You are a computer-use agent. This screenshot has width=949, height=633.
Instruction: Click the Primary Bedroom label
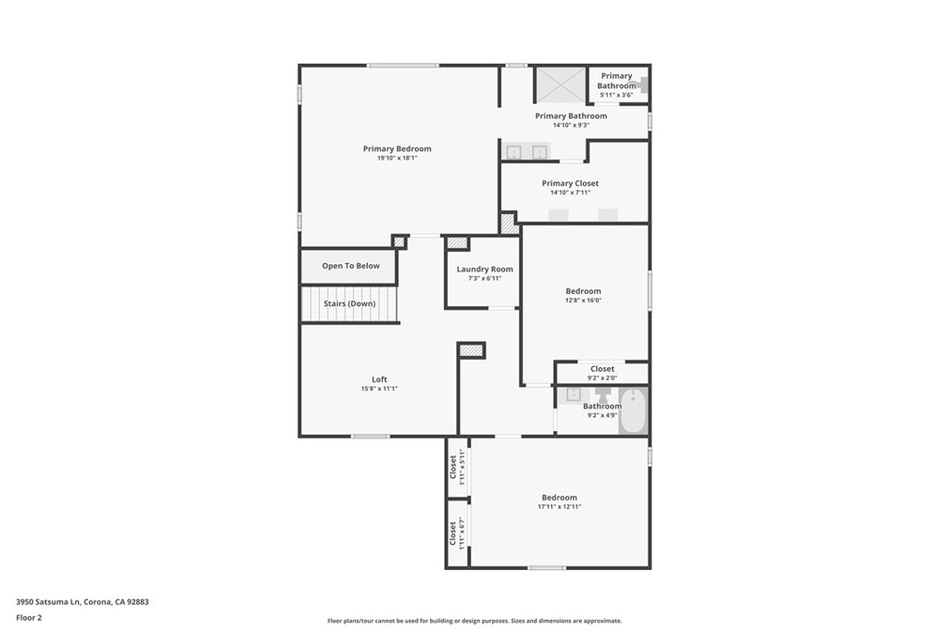pos(397,148)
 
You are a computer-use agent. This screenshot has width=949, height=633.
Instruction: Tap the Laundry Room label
pos(485,270)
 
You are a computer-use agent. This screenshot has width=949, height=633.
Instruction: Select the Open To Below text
pos(351,266)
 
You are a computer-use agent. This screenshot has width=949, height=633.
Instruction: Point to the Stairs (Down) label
pos(349,303)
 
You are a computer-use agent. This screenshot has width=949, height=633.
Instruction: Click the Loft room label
pos(379,379)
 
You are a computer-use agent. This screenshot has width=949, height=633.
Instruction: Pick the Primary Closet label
pos(570,184)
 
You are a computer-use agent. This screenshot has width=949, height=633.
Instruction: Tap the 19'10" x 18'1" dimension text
pos(397,158)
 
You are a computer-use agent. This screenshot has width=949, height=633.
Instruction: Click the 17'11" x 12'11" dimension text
pos(559,507)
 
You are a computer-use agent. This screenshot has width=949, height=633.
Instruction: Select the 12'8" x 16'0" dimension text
pos(584,300)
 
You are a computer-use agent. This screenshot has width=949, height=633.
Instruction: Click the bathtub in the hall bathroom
pos(633,411)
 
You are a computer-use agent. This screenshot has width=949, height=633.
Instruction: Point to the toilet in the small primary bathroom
pos(641,85)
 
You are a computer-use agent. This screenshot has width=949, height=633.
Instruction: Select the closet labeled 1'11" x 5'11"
pos(458,467)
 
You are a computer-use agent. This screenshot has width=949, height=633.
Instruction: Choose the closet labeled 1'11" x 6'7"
pos(458,533)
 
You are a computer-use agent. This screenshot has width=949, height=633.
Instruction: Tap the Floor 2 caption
pos(29,618)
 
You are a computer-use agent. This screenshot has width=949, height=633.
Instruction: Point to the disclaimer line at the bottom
pos(474,621)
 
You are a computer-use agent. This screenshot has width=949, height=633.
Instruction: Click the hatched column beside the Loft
pos(471,350)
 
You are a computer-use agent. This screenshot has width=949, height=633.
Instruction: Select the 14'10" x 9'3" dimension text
pos(571,125)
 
